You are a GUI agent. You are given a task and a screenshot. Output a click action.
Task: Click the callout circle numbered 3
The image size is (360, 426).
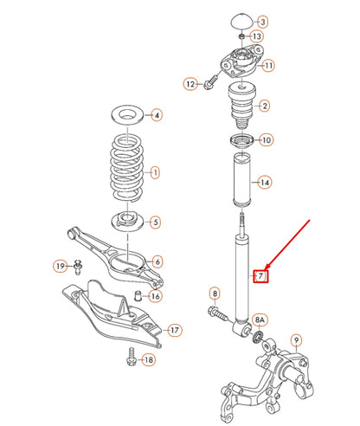pyautogui.click(x=263, y=20)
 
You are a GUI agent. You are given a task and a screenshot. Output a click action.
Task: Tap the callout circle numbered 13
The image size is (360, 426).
pyautogui.click(x=256, y=36)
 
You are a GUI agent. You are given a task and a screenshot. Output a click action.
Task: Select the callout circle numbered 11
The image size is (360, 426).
pyautogui.click(x=268, y=65)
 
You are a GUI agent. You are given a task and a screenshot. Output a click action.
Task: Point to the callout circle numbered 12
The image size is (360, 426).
pyautogui.click(x=190, y=84)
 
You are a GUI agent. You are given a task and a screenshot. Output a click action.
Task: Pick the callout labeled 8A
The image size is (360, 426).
pyautogui.click(x=260, y=320)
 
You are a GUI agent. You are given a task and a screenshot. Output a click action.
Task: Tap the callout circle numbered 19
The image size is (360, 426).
pyautogui.click(x=61, y=265)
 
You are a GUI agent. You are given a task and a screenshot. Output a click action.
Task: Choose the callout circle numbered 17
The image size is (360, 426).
pyautogui.click(x=174, y=330)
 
